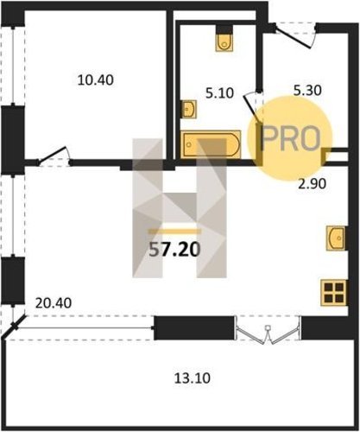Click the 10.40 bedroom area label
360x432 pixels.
point(96,80)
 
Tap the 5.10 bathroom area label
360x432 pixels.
point(219,93)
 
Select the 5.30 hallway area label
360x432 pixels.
point(307,91)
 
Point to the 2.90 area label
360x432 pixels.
point(312,184)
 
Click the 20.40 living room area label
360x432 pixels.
point(54,303)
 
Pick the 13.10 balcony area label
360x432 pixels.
point(193,378)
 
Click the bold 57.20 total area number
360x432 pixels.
point(174,250)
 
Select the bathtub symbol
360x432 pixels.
point(211,144)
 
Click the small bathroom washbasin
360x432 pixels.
point(189,109)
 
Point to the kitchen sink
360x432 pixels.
point(336,238)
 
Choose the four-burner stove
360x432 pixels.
point(333,292)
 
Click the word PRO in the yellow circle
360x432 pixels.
point(291,139)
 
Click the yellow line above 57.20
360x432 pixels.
point(174,232)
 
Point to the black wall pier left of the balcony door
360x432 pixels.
point(194,327)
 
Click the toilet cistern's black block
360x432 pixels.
point(224,29)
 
